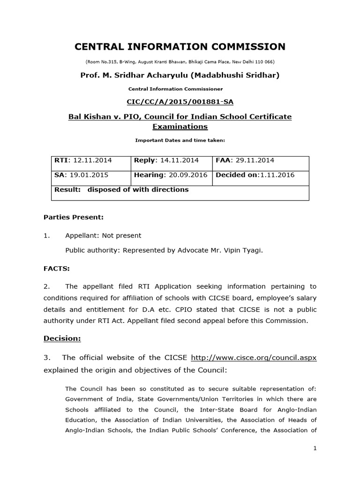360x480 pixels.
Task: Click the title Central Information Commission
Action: [x=180, y=46]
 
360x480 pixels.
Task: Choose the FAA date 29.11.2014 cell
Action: [x=261, y=160]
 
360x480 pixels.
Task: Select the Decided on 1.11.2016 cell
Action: [x=261, y=175]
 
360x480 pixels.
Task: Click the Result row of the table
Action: [x=180, y=190]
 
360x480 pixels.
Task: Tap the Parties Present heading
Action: [x=73, y=217]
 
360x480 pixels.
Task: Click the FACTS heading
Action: [x=57, y=268]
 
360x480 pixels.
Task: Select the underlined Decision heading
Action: [x=62, y=338]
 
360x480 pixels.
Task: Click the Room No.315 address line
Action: [x=180, y=62]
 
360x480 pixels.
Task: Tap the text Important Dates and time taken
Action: [x=180, y=140]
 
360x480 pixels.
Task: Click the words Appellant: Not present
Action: [x=103, y=235]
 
